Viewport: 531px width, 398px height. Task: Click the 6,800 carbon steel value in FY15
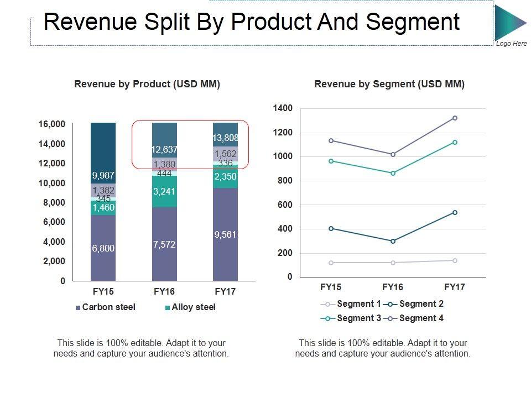coord(103,249)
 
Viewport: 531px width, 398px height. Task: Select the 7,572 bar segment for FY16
coord(164,244)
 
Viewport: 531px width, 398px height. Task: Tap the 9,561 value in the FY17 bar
coord(225,235)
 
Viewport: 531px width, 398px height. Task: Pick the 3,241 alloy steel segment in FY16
coord(164,192)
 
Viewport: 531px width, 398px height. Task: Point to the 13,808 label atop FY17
coord(225,138)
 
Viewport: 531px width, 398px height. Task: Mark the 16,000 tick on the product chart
coord(51,124)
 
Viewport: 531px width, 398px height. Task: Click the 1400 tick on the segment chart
coord(283,108)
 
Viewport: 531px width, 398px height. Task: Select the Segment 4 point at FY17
coord(455,118)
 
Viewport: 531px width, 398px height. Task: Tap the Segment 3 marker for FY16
coord(393,173)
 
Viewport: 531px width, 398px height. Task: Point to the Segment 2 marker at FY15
coord(331,228)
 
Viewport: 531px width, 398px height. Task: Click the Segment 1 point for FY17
coord(455,260)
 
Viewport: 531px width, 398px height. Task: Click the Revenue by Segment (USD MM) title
coord(389,84)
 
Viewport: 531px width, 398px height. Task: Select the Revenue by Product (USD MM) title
coord(147,84)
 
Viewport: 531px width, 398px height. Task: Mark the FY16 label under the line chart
coord(393,287)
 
